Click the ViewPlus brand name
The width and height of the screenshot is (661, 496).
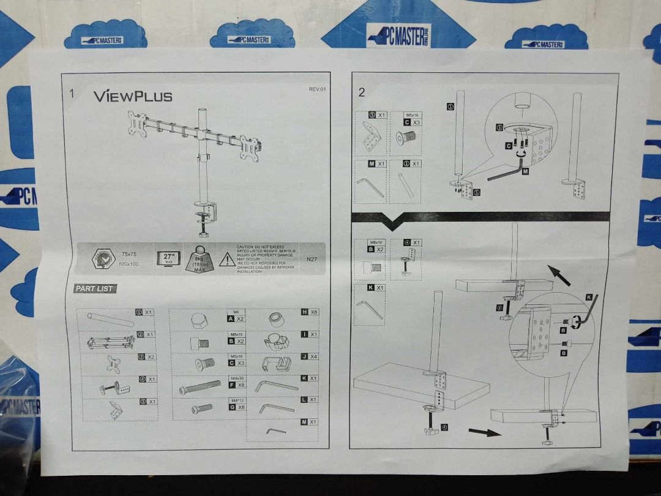point(133,96)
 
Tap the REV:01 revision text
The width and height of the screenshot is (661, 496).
point(317,89)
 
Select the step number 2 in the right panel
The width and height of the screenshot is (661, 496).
point(362,92)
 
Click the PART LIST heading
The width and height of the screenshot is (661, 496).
point(95,288)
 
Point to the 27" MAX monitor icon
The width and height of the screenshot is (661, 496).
point(168,258)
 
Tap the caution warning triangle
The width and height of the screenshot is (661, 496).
point(226,259)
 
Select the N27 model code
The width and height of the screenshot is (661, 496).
point(312,258)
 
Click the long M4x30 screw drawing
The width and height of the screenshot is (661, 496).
point(200,387)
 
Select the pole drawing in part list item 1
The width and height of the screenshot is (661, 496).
point(110,319)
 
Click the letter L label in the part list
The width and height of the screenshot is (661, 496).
point(304,399)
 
